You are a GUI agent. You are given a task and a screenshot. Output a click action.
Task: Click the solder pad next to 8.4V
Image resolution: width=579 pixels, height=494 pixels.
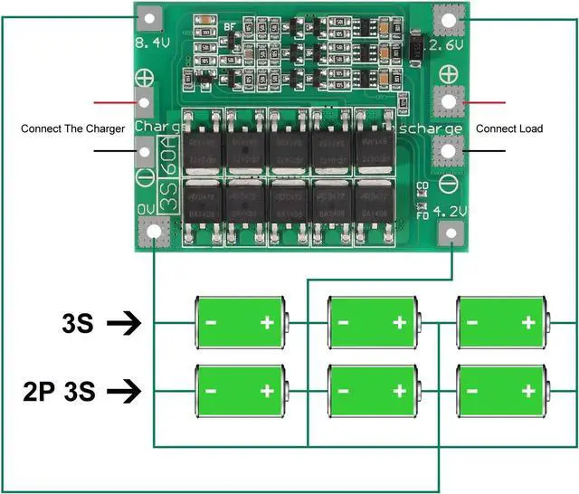[x=148, y=17]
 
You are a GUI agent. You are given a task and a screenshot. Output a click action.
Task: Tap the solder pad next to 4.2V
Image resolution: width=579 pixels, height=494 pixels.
[x=450, y=235]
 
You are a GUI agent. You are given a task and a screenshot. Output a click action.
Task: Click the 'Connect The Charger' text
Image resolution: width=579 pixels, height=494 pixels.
[x=72, y=129]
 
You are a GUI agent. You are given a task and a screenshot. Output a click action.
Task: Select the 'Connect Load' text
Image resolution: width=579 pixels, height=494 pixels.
[x=509, y=129]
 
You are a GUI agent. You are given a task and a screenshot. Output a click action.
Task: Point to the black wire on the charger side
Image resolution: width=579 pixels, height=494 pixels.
[x=113, y=153]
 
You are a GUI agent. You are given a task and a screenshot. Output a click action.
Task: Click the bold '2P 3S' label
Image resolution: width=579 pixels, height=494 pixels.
[x=59, y=392]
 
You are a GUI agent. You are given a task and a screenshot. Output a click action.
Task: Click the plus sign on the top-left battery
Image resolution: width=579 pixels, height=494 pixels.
[x=267, y=322]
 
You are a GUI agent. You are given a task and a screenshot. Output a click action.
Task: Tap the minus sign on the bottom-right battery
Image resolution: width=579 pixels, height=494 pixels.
[x=470, y=392]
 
